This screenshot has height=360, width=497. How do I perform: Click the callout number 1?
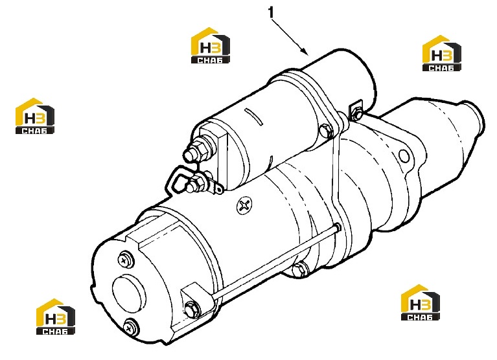pos(271,13)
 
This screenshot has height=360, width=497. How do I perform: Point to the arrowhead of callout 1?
pos(305,51)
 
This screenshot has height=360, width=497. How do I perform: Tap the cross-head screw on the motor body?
pos(244,206)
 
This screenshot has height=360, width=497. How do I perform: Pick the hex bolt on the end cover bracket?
pos(192,309)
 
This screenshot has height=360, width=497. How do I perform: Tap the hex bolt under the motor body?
pos(299,270)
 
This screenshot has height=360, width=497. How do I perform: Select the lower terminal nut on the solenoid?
pos(195,184)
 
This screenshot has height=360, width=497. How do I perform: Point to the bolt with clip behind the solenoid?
pos(356,111)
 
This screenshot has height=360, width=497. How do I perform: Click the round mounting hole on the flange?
pos(404,156)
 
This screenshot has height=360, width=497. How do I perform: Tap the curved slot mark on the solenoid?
pos(254,116)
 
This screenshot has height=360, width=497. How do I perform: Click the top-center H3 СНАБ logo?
pos(210,45)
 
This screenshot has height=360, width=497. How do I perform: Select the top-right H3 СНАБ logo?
pos(441,53)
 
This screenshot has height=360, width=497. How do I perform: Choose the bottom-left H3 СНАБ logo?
pos(56,317)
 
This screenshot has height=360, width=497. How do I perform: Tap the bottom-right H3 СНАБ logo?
pos(421,302)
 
